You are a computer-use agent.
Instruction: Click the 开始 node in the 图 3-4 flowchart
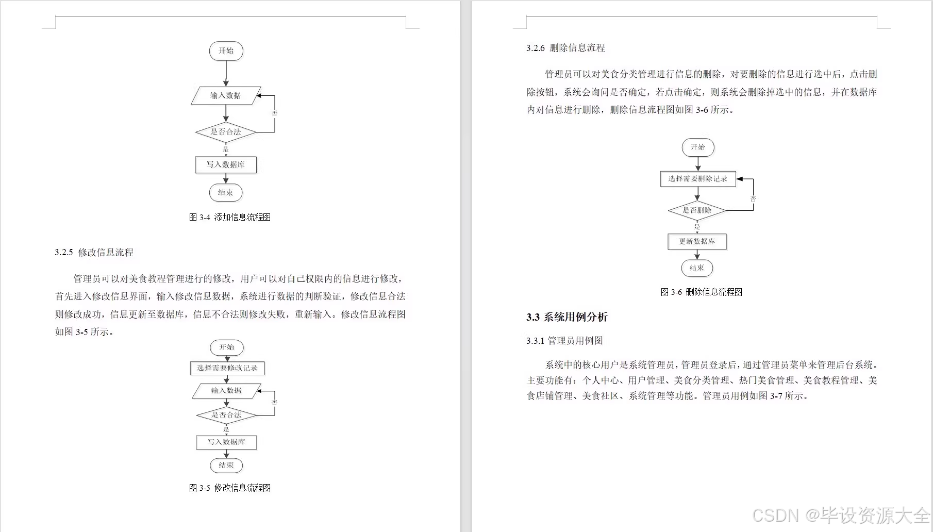point(226,51)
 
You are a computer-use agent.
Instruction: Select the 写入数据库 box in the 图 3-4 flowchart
point(226,165)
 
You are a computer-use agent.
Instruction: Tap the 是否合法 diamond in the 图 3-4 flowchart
point(226,132)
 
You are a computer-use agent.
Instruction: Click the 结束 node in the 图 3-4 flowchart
point(226,193)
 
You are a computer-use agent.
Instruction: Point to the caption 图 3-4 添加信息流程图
point(230,218)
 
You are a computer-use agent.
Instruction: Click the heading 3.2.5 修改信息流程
point(94,253)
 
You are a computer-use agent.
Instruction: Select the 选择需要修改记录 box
point(227,368)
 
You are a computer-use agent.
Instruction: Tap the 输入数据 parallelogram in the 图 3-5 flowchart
point(226,391)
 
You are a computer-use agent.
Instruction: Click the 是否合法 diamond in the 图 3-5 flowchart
point(226,415)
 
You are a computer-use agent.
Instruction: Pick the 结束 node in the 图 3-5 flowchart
point(226,465)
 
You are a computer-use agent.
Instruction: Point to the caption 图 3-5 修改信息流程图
point(230,488)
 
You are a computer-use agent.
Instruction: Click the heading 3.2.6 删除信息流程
point(565,48)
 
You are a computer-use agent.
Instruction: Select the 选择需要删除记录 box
point(698,179)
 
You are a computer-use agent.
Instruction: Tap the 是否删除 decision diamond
point(697,210)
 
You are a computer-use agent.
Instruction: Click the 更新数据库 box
point(697,242)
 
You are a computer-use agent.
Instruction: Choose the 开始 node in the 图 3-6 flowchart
point(698,147)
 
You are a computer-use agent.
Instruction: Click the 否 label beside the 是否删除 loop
point(753,199)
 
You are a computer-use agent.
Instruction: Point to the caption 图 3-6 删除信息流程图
point(702,292)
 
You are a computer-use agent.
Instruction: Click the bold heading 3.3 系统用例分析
point(567,317)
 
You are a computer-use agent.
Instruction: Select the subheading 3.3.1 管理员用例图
point(564,341)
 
